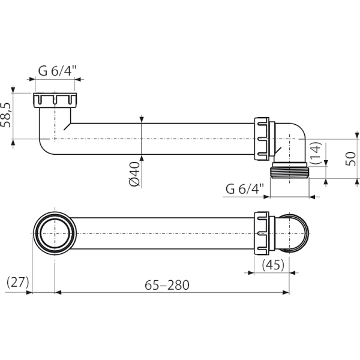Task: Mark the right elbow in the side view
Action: click(291, 141)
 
